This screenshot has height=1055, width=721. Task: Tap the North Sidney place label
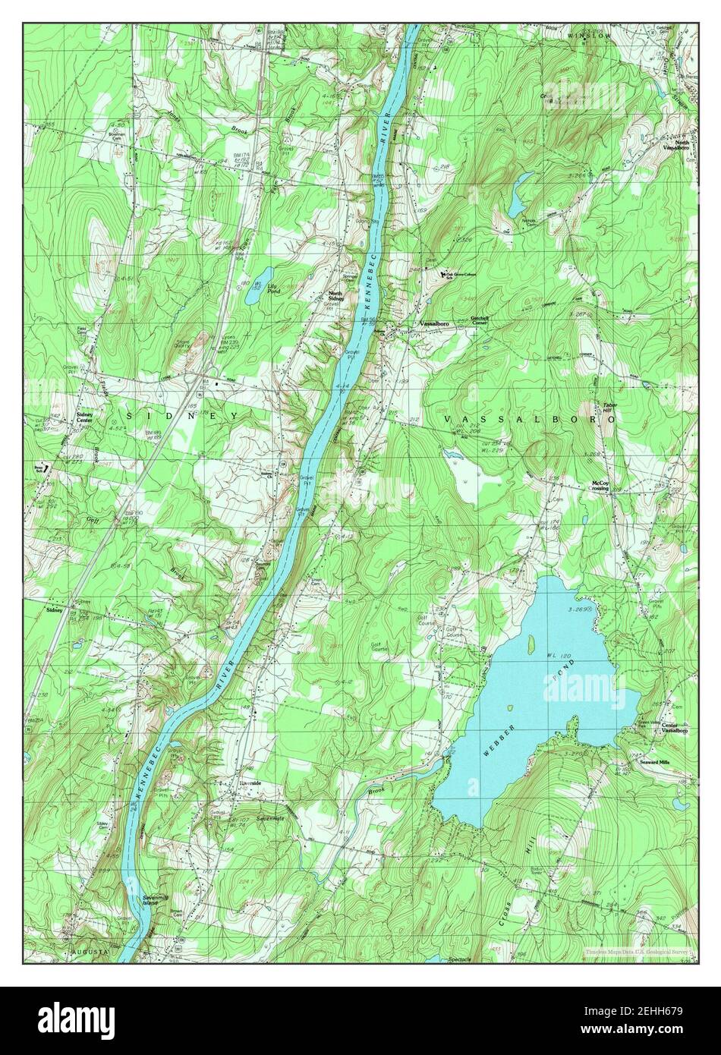tap(336, 296)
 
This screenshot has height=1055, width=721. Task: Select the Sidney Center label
tap(87, 417)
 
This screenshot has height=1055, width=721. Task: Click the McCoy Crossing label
tap(600, 487)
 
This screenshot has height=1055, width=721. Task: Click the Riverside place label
tap(250, 783)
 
